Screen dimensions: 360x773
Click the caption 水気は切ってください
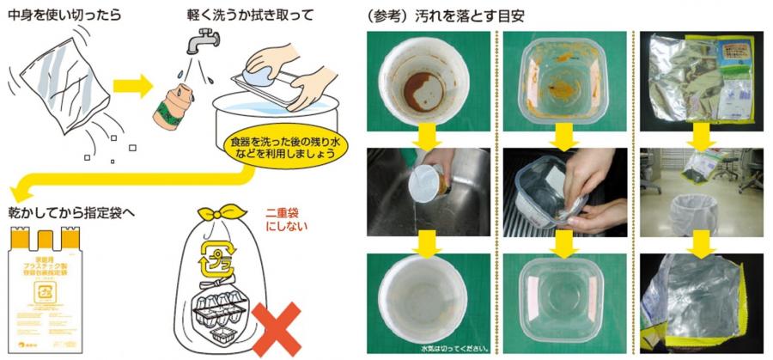click(456, 349)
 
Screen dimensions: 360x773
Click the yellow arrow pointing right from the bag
click(131, 85)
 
